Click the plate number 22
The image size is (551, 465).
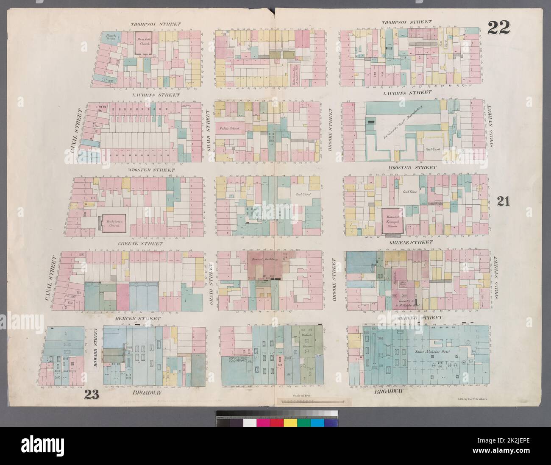tap(498, 28)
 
